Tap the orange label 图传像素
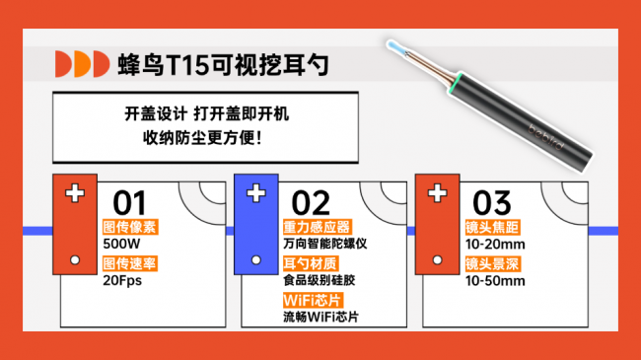coord(129,226)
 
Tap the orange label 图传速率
coord(129,262)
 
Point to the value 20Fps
coord(122,280)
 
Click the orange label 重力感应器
coord(317,226)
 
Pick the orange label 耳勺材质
coord(310,262)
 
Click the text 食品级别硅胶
coord(319,280)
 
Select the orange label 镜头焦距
coord(492,226)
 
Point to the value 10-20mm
coord(495,244)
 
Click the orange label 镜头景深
coord(492,262)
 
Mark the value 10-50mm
coord(495,280)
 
